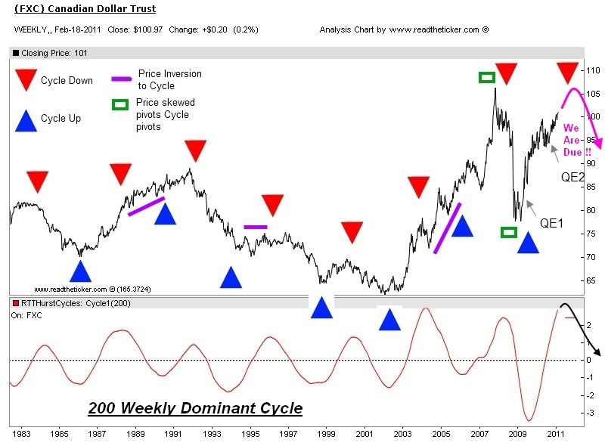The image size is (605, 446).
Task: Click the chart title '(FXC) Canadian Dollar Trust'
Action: coord(85,9)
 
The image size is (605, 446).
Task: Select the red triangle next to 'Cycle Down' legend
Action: coord(26,79)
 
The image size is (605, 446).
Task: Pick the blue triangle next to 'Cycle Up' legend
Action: coord(26,119)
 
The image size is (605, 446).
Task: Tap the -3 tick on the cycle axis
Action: coord(589,413)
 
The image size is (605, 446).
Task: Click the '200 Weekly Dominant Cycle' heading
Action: coord(195,408)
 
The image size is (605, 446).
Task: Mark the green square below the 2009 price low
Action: coord(509,232)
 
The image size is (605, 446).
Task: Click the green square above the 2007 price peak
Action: coord(487,77)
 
